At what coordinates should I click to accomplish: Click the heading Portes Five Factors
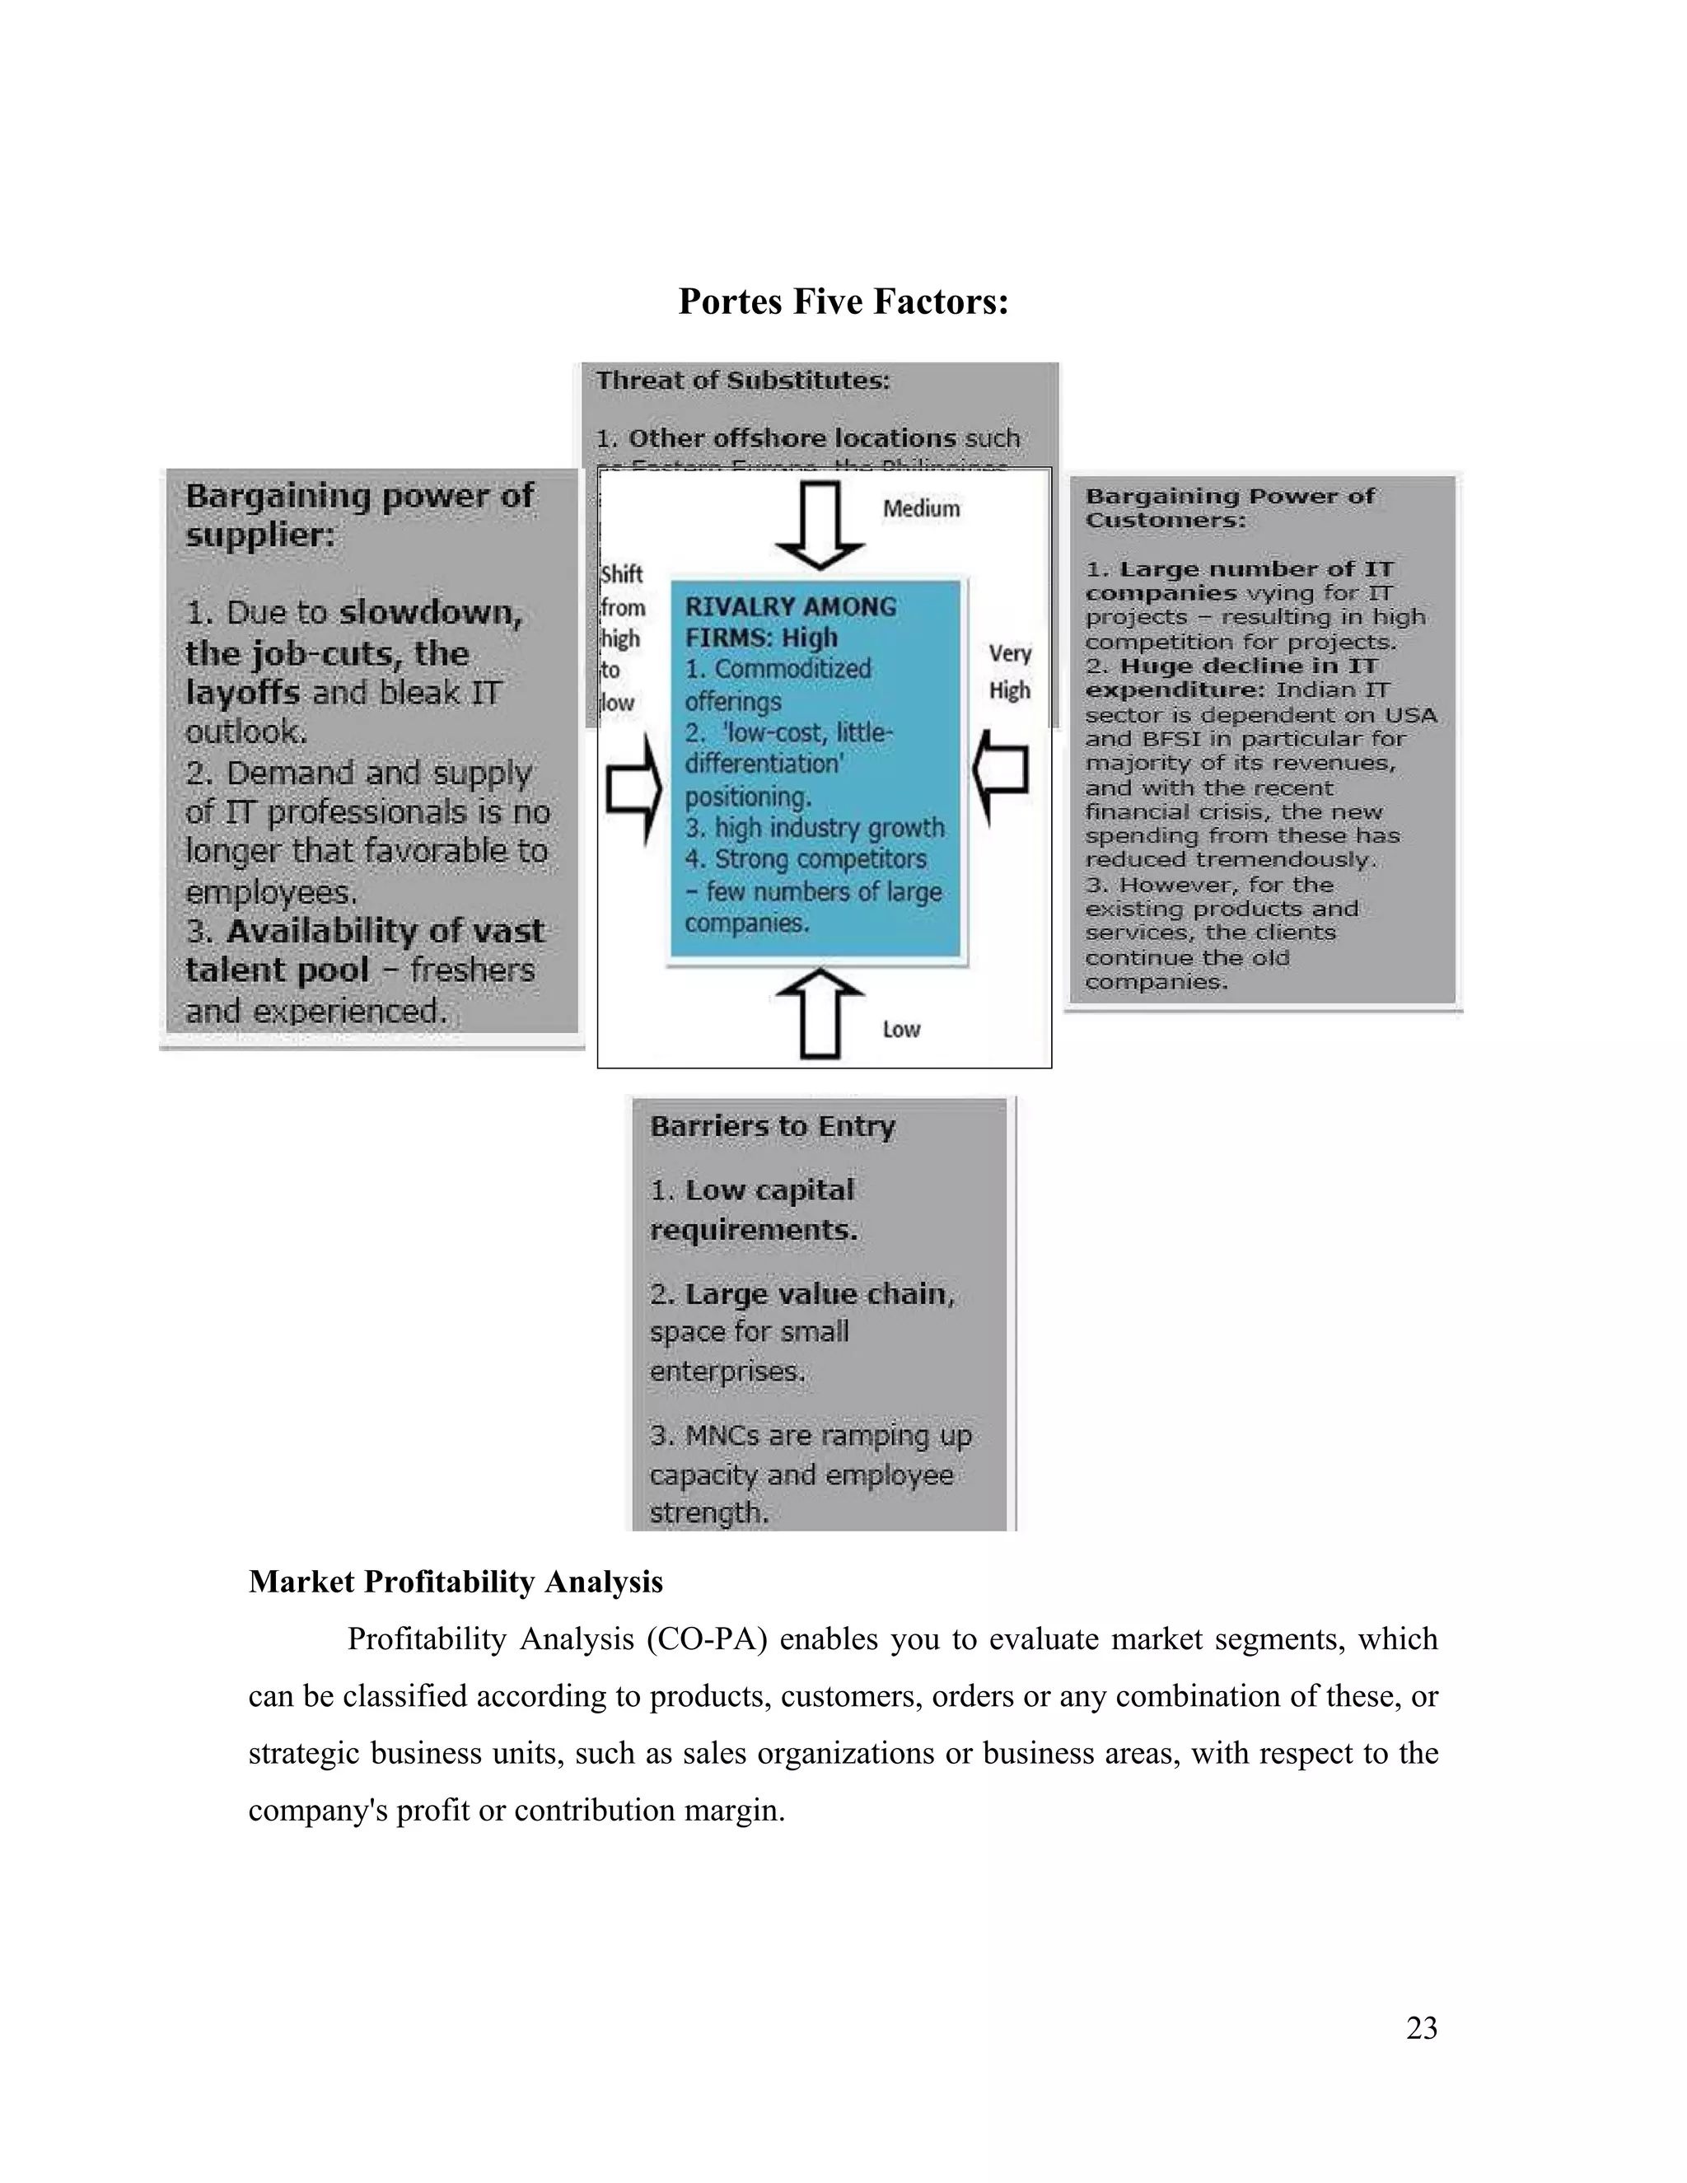coord(843,301)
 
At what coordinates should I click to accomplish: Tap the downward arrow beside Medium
coord(820,526)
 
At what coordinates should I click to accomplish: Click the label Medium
coord(920,509)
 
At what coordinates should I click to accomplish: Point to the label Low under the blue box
coord(900,1030)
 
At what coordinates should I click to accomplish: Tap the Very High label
coord(1009,671)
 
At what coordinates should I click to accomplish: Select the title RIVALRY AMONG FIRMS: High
coord(789,622)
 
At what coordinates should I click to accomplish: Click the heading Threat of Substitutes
coord(742,381)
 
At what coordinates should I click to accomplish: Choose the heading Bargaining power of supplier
coord(359,515)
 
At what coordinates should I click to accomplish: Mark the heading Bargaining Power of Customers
coord(1229,507)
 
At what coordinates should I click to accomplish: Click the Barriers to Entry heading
coord(773,1126)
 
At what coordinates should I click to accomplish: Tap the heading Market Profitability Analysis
coord(456,1582)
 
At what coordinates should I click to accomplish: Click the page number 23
coord(1421,2027)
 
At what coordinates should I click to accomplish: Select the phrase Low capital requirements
coord(755,1209)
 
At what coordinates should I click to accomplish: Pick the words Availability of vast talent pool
coord(365,950)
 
